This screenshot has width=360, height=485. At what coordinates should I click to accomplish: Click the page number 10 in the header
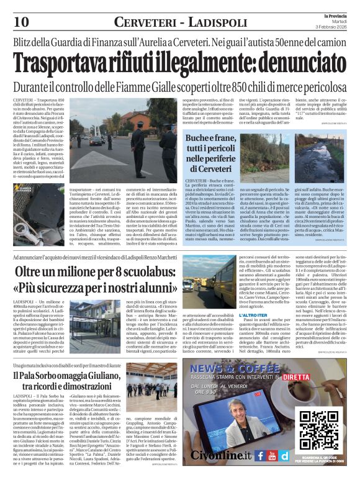tap(20, 21)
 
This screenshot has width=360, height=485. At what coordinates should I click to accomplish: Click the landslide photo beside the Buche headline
tap(315, 150)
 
